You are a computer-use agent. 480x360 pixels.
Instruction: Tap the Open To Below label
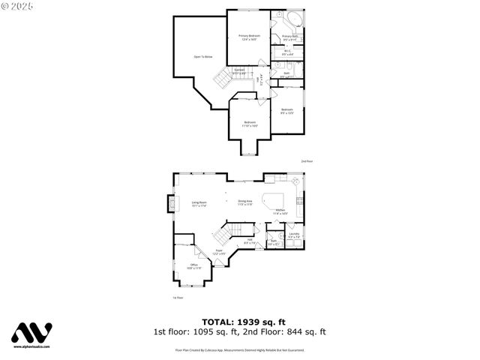point(202,56)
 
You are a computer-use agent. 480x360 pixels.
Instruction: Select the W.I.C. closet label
point(287,52)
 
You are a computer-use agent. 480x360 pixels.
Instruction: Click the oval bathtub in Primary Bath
point(293,19)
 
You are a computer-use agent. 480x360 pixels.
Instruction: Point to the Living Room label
point(199,204)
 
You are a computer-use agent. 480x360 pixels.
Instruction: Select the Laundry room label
point(294,235)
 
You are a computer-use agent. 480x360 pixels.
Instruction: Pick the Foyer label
point(219,252)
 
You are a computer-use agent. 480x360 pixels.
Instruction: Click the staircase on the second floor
point(223,77)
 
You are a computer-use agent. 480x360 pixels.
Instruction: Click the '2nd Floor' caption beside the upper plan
point(307,161)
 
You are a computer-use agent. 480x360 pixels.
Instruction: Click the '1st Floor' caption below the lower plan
point(178,298)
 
